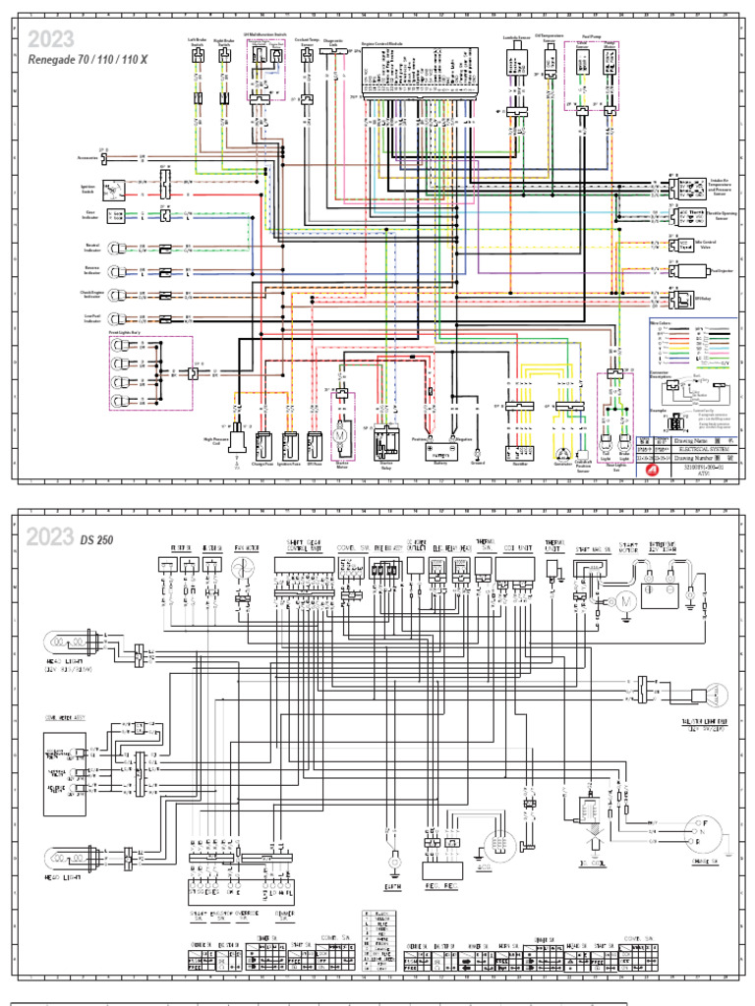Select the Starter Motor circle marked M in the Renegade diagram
(x=341, y=432)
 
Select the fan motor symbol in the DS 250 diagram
(x=242, y=569)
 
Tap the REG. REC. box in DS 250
(x=441, y=869)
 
